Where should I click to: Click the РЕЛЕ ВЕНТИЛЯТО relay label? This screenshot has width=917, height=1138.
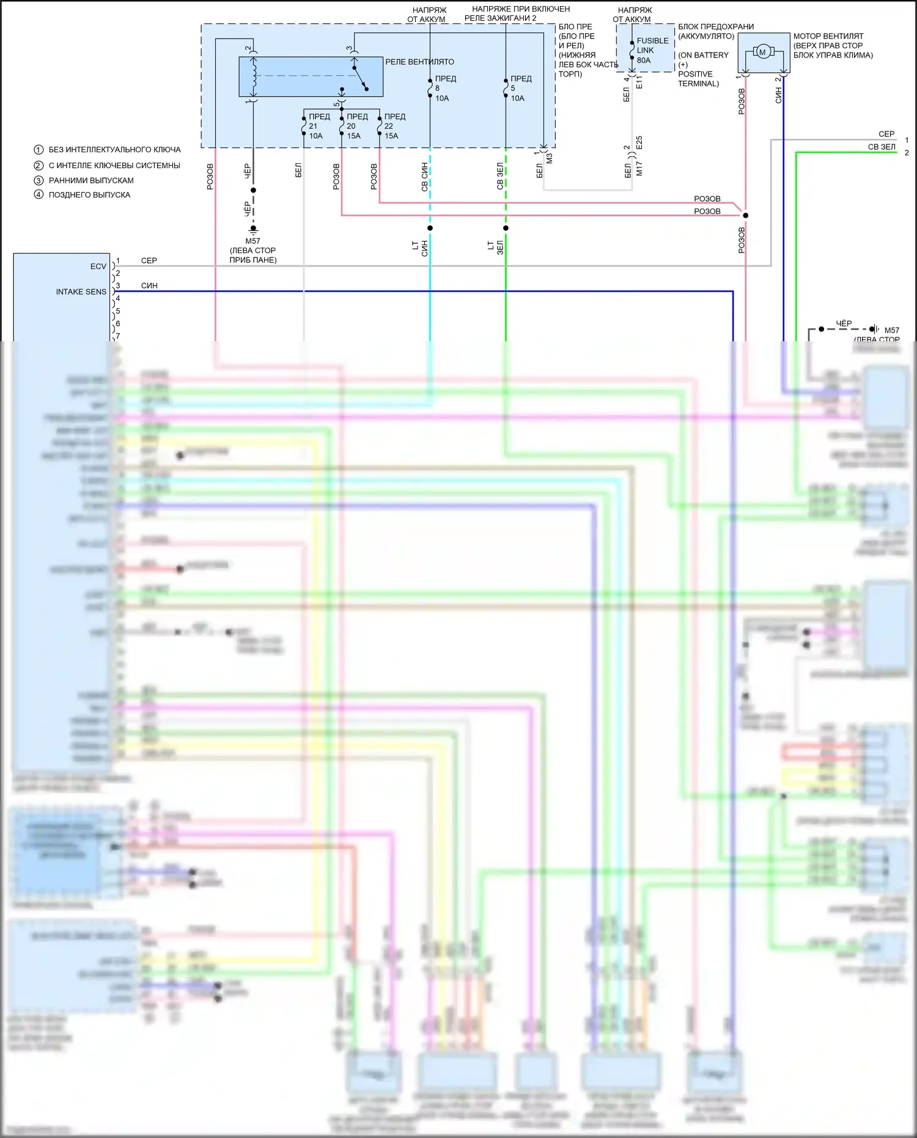pyautogui.click(x=419, y=62)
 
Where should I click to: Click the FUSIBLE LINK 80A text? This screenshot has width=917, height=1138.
pyautogui.click(x=652, y=50)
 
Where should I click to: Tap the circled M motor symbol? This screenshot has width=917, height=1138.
pyautogui.click(x=762, y=52)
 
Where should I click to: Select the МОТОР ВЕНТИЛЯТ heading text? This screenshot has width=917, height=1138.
pyautogui.click(x=828, y=36)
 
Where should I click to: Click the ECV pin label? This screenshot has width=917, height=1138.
pyautogui.click(x=98, y=266)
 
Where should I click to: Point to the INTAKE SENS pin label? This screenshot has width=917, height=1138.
pyautogui.click(x=81, y=292)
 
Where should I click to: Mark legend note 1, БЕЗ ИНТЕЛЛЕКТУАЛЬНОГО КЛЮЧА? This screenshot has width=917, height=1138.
pyautogui.click(x=114, y=149)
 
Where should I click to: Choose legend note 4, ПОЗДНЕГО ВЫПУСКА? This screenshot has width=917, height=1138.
pyautogui.click(x=89, y=194)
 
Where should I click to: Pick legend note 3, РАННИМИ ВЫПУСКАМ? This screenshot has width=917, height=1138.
pyautogui.click(x=90, y=180)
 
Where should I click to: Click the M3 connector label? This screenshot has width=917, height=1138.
pyautogui.click(x=549, y=158)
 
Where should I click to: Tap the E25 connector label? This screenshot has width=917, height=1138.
pyautogui.click(x=639, y=143)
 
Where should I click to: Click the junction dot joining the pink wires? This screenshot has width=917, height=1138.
pyautogui.click(x=745, y=215)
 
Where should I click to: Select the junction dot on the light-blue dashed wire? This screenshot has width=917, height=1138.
pyautogui.click(x=430, y=228)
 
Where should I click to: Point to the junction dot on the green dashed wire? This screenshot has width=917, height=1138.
pyautogui.click(x=506, y=228)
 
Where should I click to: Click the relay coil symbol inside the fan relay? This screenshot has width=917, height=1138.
pyautogui.click(x=252, y=76)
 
